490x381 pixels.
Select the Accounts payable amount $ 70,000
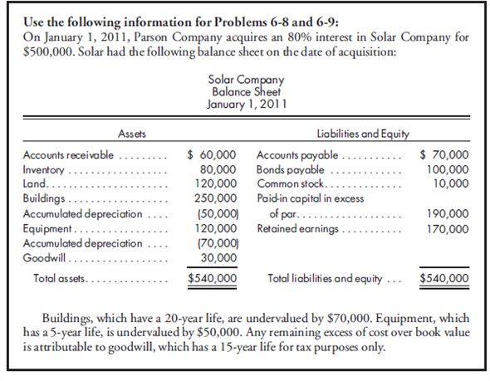click(444, 155)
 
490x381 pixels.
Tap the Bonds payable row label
click(287, 169)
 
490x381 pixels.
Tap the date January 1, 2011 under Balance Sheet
click(244, 104)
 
